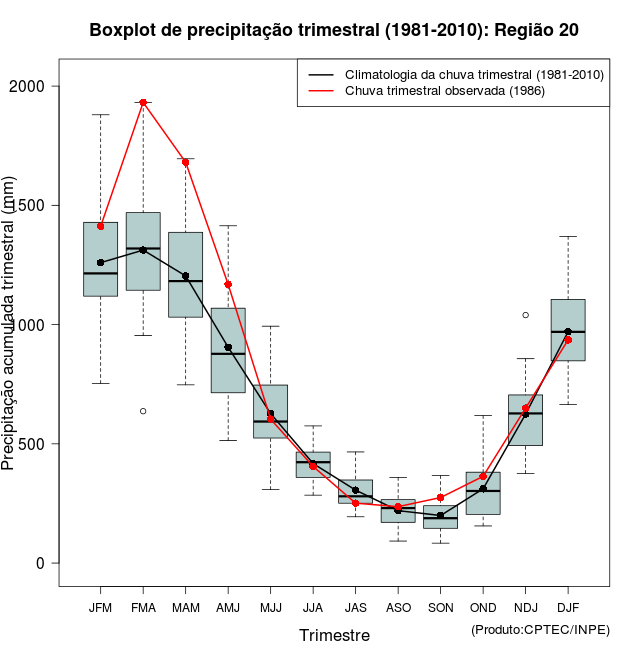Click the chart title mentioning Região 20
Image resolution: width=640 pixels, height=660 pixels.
click(x=334, y=30)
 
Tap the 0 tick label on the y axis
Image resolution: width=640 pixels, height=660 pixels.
click(x=41, y=563)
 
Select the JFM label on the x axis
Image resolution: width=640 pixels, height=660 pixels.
click(x=100, y=608)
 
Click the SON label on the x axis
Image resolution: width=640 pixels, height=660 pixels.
click(x=440, y=608)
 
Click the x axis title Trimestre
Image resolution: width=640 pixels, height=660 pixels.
click(x=334, y=635)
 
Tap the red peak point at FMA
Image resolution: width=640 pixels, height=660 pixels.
click(x=143, y=102)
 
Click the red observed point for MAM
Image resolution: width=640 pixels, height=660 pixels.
click(x=185, y=162)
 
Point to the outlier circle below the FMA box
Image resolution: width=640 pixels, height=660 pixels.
click(x=143, y=411)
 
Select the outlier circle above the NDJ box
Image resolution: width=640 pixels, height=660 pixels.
click(x=525, y=315)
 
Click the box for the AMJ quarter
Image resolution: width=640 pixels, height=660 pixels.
click(x=228, y=350)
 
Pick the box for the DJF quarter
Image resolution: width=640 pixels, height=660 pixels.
click(x=567, y=330)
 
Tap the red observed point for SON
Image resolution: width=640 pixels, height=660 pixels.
click(x=440, y=498)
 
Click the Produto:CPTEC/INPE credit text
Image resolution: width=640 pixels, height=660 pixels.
click(x=540, y=629)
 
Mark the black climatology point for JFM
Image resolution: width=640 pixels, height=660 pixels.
click(x=100, y=262)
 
